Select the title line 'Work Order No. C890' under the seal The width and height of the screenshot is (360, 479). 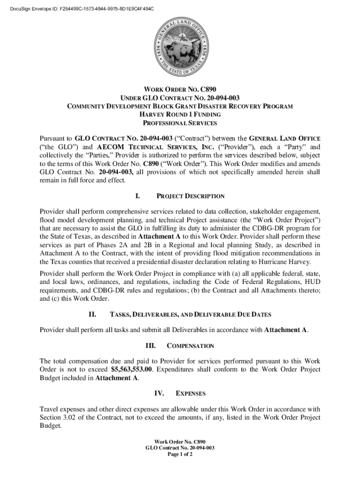click(180, 89)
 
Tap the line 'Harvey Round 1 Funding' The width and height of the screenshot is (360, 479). click(180, 115)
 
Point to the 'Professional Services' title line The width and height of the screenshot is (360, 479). click(180, 123)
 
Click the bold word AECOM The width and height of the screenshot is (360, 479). click(110, 147)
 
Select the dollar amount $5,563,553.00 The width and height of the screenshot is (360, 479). click(133, 370)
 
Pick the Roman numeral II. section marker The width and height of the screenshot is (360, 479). click(92, 314)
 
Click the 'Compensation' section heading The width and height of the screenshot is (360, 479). click(190, 346)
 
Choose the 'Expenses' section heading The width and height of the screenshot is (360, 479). click(190, 393)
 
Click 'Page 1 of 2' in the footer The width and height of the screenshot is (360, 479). click(180, 454)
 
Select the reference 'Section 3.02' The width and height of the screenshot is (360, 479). click(59, 417)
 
